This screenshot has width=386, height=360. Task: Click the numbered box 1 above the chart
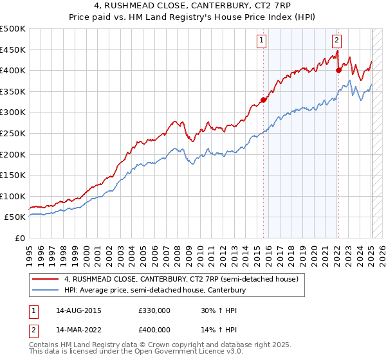pos(262,40)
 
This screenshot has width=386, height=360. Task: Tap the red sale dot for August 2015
pos(263,100)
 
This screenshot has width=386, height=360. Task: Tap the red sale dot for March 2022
pos(338,70)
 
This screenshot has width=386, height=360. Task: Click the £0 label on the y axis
pos(20,238)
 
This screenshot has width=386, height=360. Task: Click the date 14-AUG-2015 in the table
pos(78,310)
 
